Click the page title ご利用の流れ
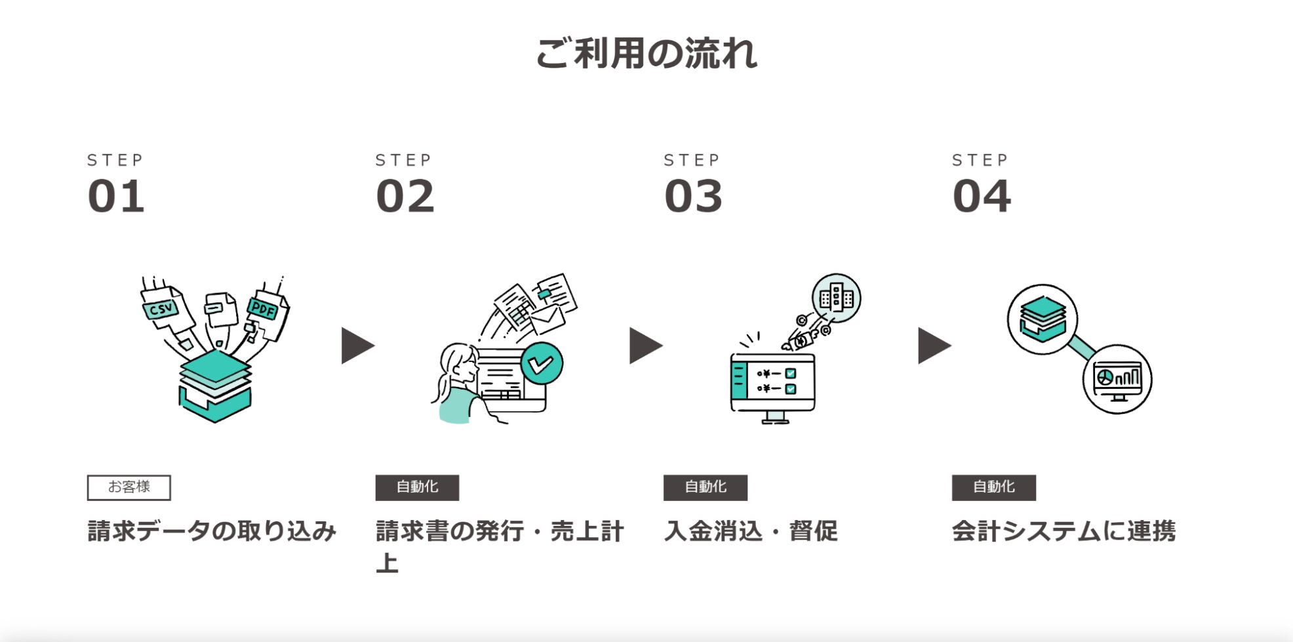(x=646, y=53)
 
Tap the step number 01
(x=116, y=196)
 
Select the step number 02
(x=405, y=196)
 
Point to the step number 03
(x=693, y=196)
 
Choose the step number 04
(x=982, y=196)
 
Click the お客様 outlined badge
(x=129, y=487)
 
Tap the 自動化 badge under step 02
(x=417, y=487)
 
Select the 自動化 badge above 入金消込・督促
(x=706, y=487)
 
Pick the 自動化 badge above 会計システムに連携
(x=994, y=487)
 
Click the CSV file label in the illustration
(x=161, y=309)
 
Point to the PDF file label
(x=264, y=308)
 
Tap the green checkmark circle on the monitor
(x=542, y=363)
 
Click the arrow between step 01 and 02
(x=357, y=346)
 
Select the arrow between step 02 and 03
(x=646, y=346)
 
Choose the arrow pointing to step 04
(x=934, y=346)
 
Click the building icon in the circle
(x=837, y=298)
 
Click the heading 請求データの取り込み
(x=212, y=531)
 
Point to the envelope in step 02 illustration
(x=547, y=319)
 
